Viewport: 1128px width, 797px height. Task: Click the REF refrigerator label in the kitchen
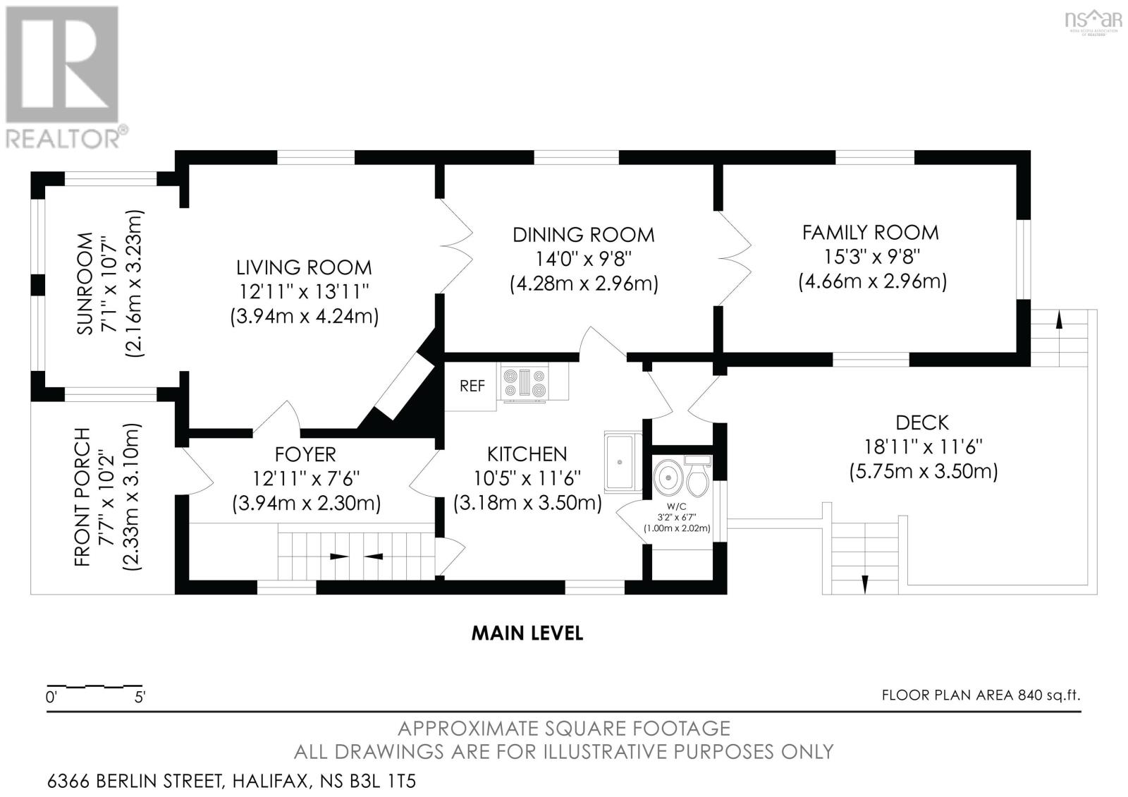point(472,386)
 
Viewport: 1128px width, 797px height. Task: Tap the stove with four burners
point(525,384)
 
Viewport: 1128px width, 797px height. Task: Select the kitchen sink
point(623,463)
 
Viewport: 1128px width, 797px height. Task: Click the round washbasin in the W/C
point(668,476)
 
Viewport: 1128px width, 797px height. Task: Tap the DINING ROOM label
point(583,235)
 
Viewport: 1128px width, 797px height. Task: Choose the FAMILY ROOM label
point(870,232)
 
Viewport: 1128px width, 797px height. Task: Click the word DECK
point(922,422)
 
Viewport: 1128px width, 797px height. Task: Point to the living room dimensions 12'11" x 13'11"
point(303,292)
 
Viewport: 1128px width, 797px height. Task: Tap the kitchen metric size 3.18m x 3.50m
point(527,503)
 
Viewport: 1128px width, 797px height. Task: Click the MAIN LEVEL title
point(527,633)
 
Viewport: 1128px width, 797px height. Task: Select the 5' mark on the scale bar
point(140,698)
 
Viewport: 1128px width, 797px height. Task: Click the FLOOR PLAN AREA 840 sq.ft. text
point(981,695)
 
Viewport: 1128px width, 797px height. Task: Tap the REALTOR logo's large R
point(62,64)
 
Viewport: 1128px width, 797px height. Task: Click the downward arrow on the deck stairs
point(864,585)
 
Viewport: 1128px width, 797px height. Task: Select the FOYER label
point(305,454)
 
